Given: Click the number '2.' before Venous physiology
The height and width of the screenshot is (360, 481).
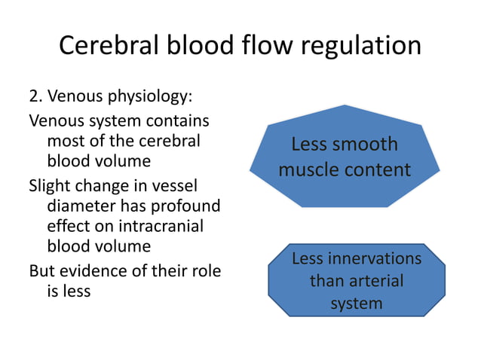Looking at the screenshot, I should (36, 97).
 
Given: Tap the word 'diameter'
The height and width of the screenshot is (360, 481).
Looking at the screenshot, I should (80, 207).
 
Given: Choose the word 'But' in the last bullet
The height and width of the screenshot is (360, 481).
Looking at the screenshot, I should (42, 270).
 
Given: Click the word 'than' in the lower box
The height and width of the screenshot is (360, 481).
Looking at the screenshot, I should (325, 281).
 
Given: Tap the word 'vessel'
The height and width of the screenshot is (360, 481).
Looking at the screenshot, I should (178, 185).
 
